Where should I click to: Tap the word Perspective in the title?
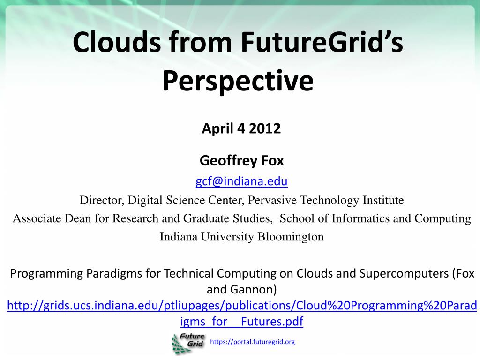[x=238, y=81]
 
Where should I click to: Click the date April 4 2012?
[x=241, y=128]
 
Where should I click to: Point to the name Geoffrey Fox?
[x=241, y=160]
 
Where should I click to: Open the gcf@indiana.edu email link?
[x=241, y=181]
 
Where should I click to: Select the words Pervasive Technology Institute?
[x=326, y=200]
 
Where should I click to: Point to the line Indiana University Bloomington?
[x=241, y=237]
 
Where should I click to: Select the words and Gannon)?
[x=241, y=289]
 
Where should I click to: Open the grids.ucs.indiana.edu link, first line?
[x=242, y=306]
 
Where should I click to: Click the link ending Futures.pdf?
[x=241, y=322]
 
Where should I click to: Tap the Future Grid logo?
[x=188, y=343]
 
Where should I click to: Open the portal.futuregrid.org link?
[x=252, y=342]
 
